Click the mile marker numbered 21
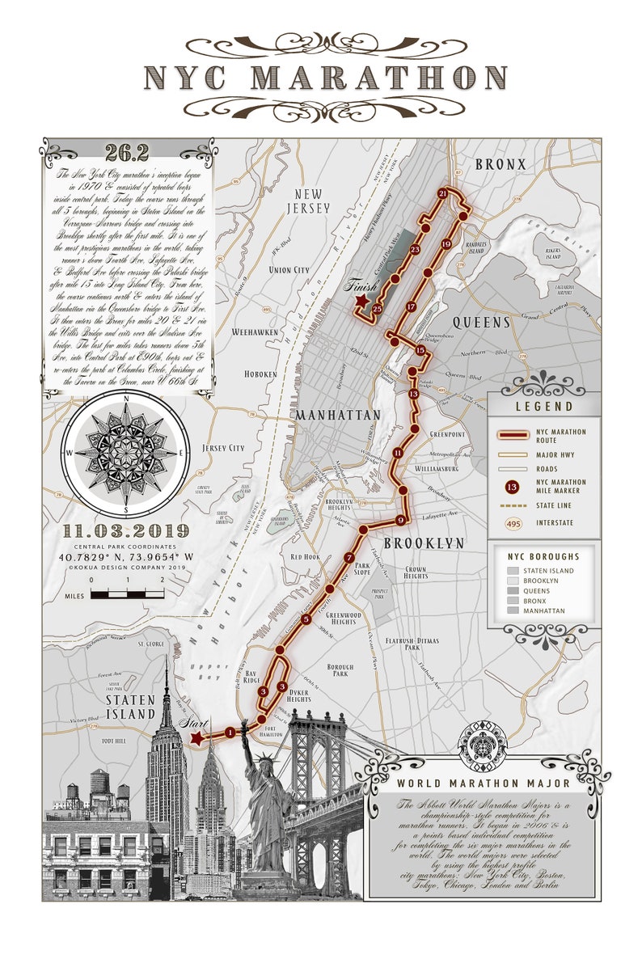point(442,194)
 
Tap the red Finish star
point(361,302)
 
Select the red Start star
point(196,737)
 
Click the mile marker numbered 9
point(400,520)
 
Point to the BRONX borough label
point(501,165)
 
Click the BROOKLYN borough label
point(424,543)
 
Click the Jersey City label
point(223,448)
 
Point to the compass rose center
point(125,453)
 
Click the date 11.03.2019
point(125,531)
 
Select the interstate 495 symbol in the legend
point(511,523)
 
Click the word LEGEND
point(544,407)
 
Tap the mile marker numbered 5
point(306,619)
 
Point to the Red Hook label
point(306,557)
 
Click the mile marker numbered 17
point(412,306)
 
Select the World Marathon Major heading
point(483,783)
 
